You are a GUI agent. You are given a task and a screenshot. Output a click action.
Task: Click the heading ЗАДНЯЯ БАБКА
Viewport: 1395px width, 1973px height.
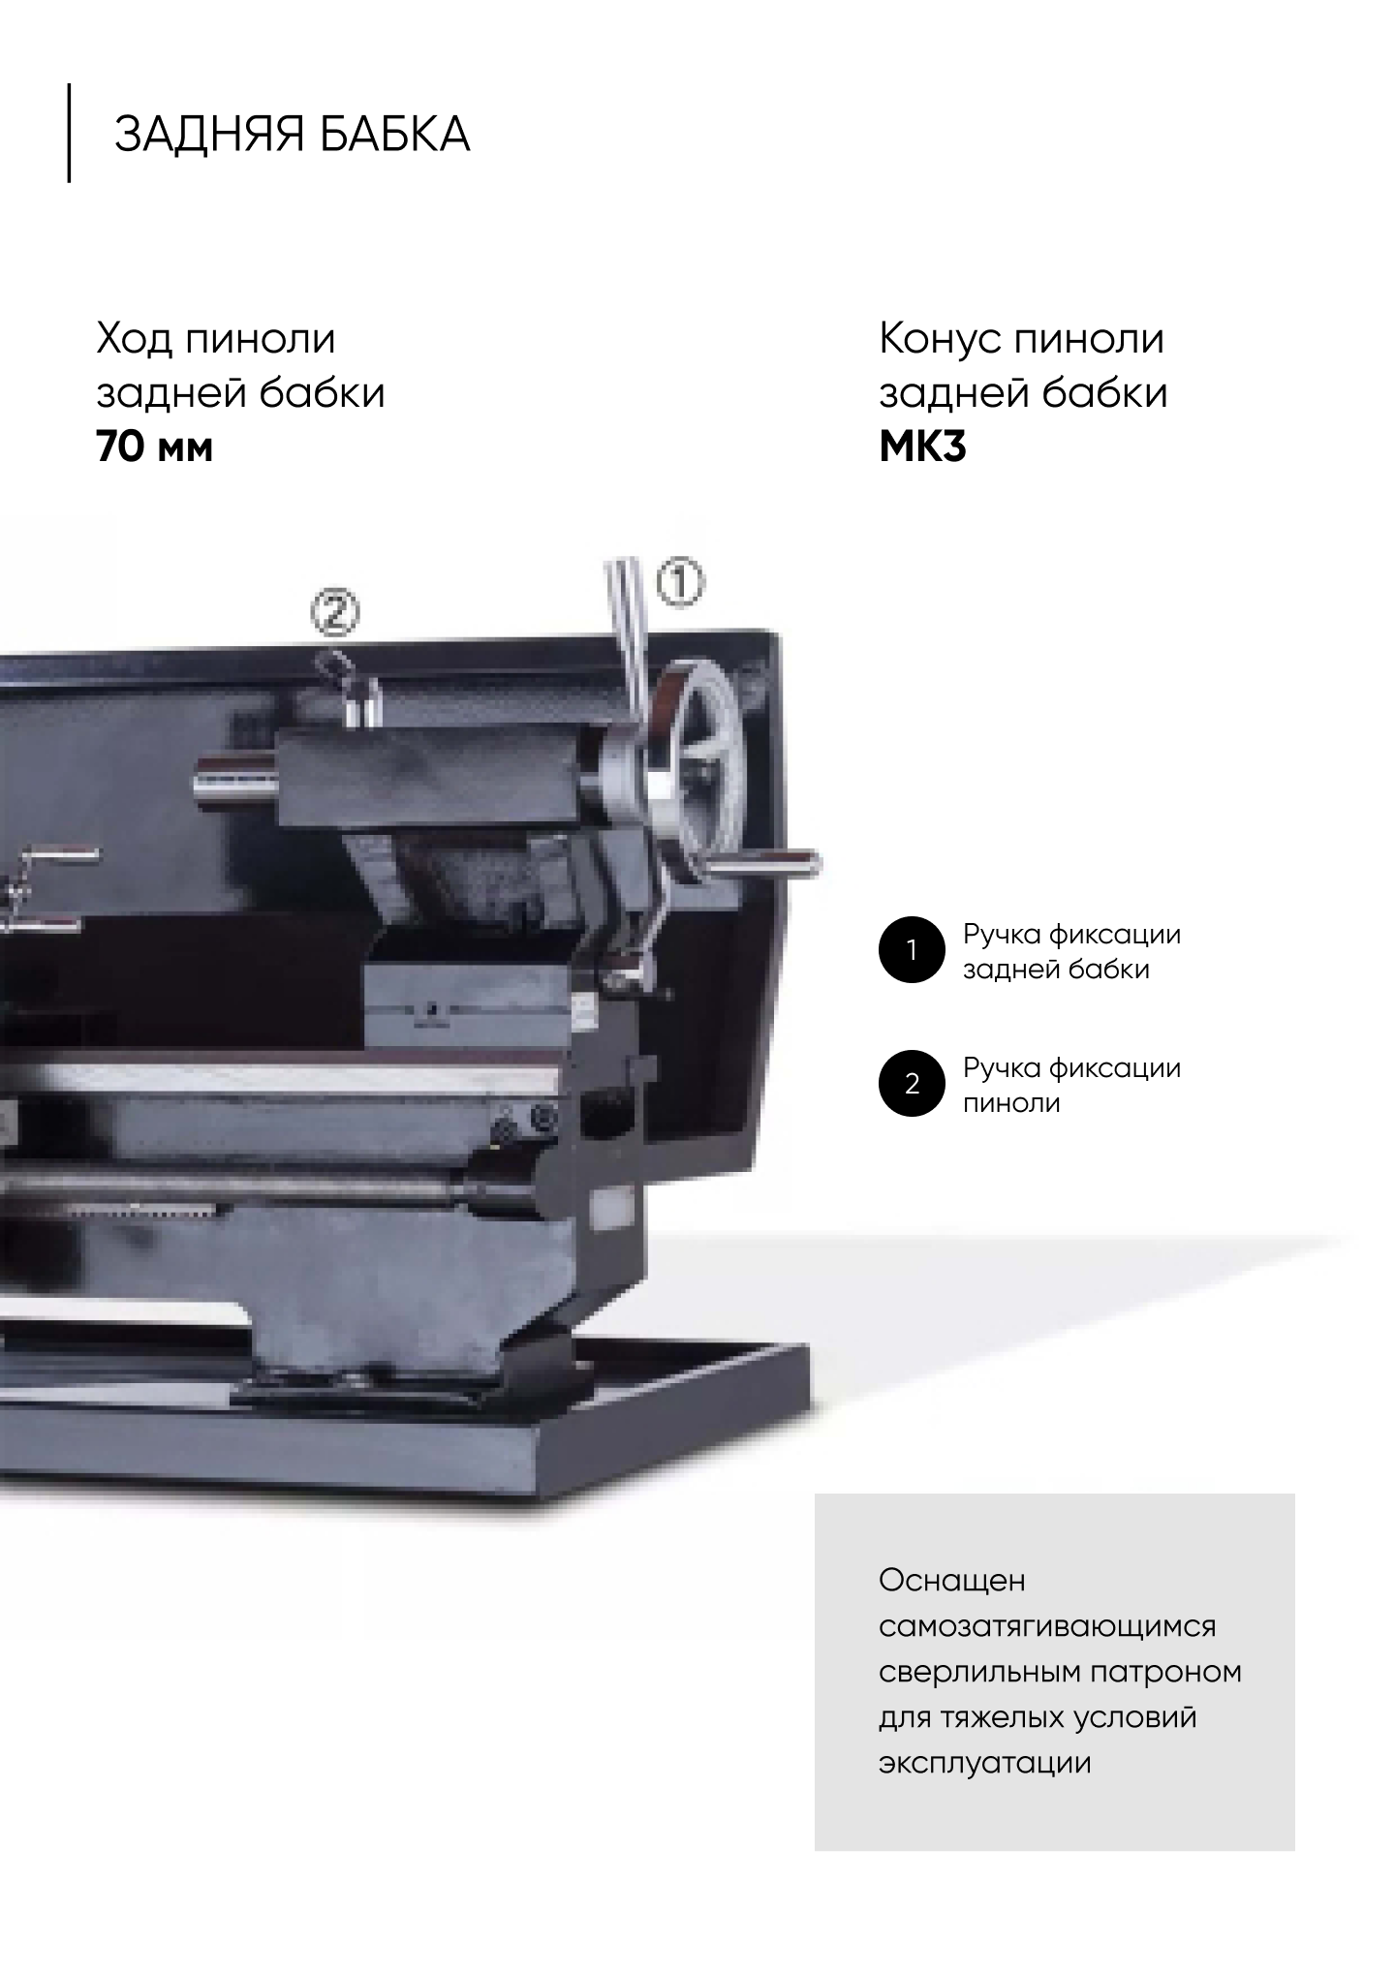point(293,134)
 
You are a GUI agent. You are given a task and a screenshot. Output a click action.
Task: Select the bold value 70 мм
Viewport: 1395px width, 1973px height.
point(155,447)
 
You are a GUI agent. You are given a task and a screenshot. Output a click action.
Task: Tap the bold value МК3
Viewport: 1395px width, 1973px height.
point(922,447)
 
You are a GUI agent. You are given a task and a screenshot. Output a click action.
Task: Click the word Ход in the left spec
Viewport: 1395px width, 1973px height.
point(133,339)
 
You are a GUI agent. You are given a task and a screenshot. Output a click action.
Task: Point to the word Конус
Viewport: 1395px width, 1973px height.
point(939,339)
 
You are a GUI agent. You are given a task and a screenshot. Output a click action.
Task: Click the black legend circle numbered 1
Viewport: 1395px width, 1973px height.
point(911,950)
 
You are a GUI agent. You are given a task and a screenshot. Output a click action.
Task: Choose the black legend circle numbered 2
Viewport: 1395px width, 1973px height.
point(911,1084)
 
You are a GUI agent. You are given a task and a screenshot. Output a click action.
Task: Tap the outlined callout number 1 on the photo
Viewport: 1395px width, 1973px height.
point(680,583)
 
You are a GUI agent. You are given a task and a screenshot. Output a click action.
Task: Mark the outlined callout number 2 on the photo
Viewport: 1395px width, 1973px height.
point(335,612)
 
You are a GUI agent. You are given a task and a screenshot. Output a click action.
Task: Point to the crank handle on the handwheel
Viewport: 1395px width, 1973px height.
point(765,863)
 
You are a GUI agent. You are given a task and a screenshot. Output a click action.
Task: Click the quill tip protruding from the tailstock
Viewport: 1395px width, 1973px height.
point(234,777)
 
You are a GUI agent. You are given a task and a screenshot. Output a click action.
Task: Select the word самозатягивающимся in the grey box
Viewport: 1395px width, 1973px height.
point(1047,1626)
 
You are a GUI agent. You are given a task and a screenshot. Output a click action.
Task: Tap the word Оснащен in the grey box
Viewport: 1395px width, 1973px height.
point(952,1581)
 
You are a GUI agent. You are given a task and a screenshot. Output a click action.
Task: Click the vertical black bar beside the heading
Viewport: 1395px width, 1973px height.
point(69,133)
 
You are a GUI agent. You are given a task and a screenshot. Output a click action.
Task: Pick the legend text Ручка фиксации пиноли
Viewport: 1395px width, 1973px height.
point(1072,1086)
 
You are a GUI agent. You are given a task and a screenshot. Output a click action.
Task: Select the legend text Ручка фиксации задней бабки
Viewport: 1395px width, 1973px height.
point(1072,952)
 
